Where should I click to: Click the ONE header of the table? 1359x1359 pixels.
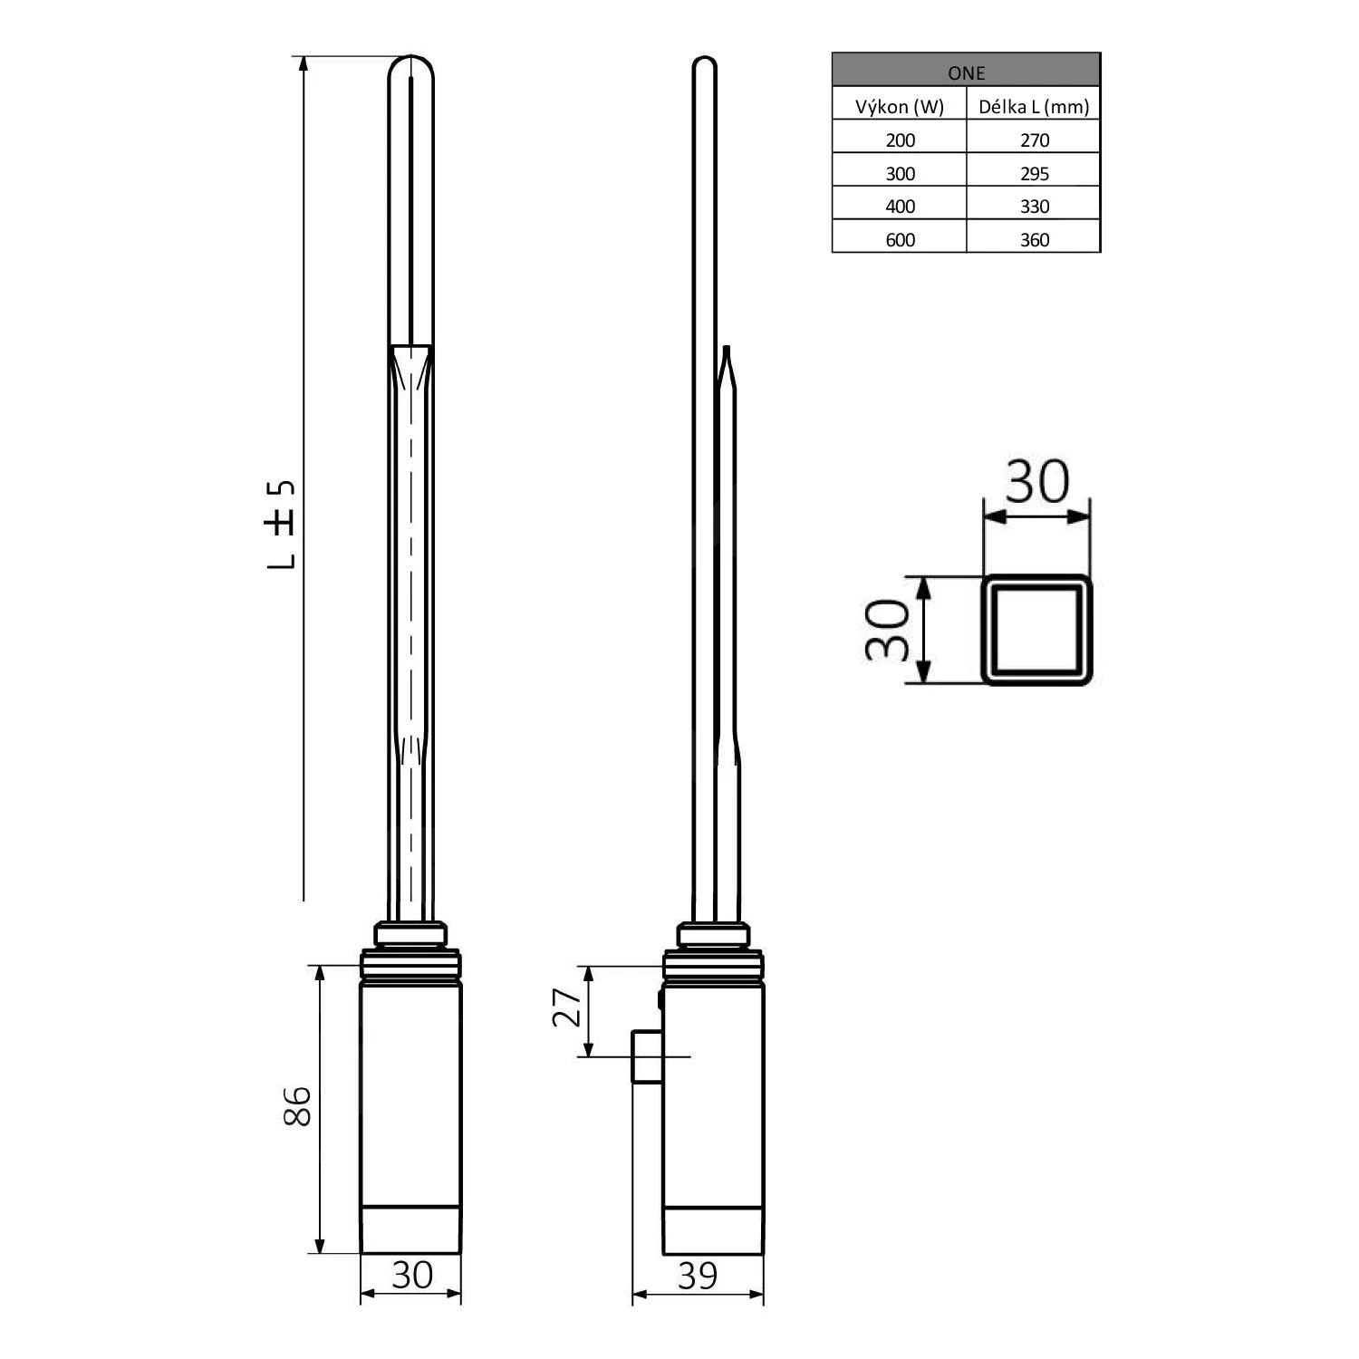(966, 72)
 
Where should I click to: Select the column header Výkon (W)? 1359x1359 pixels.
(900, 107)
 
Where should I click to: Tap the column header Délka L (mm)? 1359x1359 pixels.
(1034, 107)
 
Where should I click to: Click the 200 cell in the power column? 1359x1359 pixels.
(900, 140)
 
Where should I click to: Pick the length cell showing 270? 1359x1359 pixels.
(1034, 140)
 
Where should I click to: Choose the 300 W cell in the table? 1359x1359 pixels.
(900, 173)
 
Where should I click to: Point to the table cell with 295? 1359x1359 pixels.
(1034, 173)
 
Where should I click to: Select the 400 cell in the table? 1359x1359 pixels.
(900, 206)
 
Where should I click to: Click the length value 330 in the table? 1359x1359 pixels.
(1034, 206)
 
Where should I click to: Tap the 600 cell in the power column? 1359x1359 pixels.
(900, 239)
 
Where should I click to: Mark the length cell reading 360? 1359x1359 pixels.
(1034, 239)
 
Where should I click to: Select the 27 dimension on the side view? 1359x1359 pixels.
(566, 1007)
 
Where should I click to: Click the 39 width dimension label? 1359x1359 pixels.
(697, 1276)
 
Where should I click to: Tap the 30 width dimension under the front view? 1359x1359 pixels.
(411, 1275)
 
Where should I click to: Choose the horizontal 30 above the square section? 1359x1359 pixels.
(1036, 482)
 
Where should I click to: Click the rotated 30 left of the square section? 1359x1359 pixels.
(886, 630)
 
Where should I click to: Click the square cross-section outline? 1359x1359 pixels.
(1036, 630)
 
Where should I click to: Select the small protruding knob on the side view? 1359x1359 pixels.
(646, 1056)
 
